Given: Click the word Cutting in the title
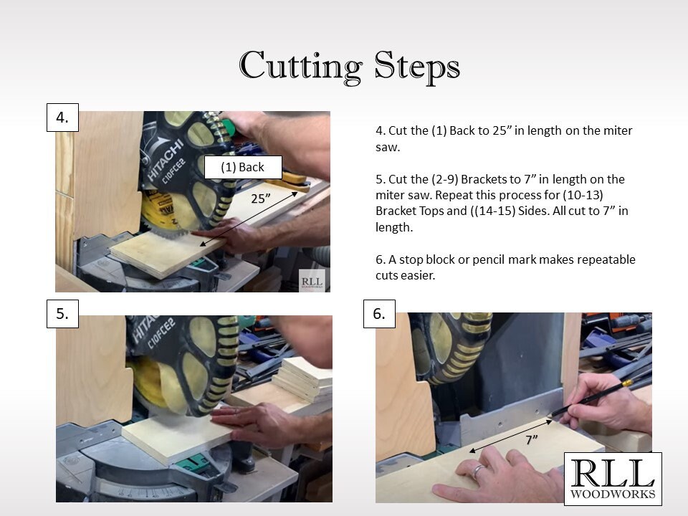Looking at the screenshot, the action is (300, 66).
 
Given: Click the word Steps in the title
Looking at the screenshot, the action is (417, 66).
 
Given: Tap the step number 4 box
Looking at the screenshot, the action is (63, 118).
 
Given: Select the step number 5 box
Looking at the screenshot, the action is (63, 314).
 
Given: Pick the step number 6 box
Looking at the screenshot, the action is (379, 314).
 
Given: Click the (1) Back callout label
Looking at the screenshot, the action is (243, 167).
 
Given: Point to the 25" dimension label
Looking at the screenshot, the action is (261, 199).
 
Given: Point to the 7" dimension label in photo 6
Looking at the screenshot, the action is (531, 439).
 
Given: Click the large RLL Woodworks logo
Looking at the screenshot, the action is (613, 479).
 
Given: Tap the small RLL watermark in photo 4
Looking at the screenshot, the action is (312, 281).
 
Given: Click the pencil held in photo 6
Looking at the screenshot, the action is (593, 398).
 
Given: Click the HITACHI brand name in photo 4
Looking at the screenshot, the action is (165, 160).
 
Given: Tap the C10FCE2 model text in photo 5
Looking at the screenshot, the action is (161, 333).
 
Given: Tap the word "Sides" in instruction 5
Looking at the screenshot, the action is (532, 211).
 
